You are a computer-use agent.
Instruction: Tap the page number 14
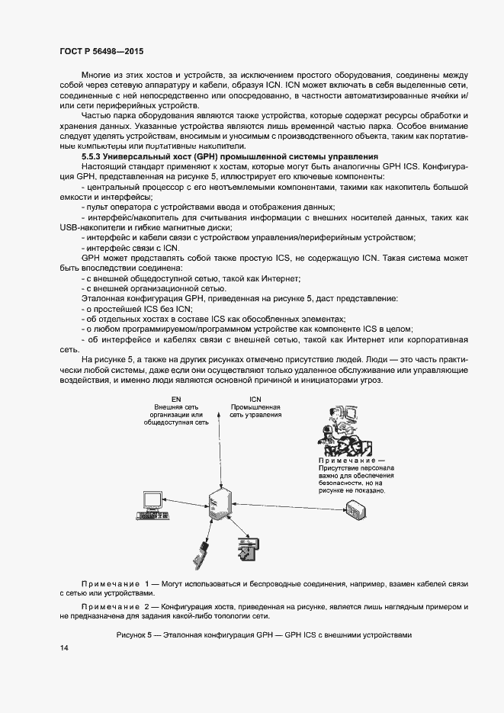click(x=63, y=647)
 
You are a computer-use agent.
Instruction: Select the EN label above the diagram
click(x=175, y=399)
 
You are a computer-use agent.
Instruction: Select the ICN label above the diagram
click(x=255, y=399)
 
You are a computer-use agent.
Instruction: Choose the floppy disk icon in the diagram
click(x=247, y=548)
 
